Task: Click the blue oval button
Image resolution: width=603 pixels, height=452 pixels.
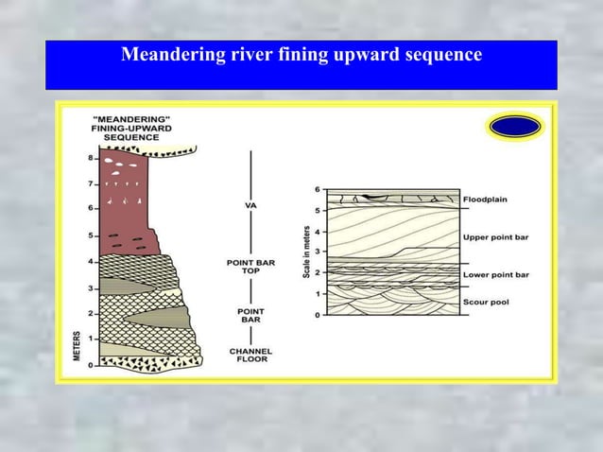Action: [x=515, y=126]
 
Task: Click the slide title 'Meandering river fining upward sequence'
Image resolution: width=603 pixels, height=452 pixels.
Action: [x=301, y=55]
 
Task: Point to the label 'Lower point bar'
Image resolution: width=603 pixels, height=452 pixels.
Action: [x=496, y=275]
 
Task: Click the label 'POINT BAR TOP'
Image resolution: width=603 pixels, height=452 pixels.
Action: [x=250, y=268]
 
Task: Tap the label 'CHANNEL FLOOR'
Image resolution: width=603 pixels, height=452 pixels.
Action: [x=250, y=356]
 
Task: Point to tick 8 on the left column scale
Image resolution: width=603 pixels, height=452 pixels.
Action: [x=91, y=158]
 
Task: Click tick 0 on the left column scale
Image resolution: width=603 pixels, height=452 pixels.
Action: [x=91, y=365]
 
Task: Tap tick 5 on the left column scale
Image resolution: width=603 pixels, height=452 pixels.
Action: [x=91, y=235]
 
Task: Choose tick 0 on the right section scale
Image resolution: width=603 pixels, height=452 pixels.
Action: [x=319, y=315]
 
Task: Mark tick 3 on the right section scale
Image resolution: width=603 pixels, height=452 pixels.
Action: [x=319, y=252]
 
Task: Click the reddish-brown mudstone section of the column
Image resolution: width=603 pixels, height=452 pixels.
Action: [x=123, y=203]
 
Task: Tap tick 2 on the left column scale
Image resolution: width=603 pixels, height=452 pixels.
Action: [x=91, y=313]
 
